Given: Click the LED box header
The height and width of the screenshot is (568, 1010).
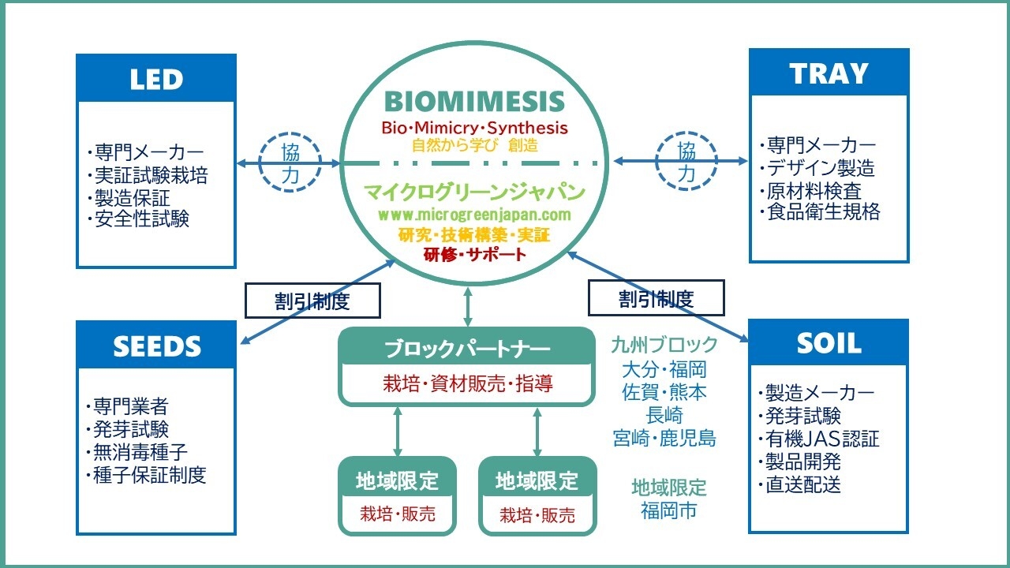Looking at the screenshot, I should [156, 79].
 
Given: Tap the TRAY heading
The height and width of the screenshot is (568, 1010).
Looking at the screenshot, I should [829, 73].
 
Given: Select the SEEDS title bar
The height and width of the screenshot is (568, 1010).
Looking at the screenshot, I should [156, 346].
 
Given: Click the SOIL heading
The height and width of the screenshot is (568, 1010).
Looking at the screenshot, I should [829, 343].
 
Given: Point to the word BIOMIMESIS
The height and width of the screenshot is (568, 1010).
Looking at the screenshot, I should [474, 102].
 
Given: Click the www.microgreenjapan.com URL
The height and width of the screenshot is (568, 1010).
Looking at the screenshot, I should [474, 215].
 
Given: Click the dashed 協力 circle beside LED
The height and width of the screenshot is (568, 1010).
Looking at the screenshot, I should [290, 163].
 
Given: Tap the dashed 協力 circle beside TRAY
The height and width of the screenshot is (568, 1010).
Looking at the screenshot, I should [687, 162].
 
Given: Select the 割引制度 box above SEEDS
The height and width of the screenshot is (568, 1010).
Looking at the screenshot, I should [312, 301].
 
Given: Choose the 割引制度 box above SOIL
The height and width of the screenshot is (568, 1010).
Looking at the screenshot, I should [656, 298].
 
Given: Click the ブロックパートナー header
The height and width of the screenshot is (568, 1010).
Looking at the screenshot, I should [466, 348].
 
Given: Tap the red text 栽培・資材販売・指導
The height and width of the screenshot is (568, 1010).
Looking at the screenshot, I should [467, 384].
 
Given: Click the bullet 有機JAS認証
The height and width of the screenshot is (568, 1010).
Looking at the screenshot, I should [821, 439].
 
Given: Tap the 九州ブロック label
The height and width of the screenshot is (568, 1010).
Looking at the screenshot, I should [664, 345].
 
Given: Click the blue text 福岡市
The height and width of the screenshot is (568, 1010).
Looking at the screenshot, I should [668, 510].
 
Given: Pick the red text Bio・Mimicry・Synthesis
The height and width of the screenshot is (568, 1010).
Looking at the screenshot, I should [474, 128].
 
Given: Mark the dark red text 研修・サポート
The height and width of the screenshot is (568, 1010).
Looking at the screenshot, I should [474, 255].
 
